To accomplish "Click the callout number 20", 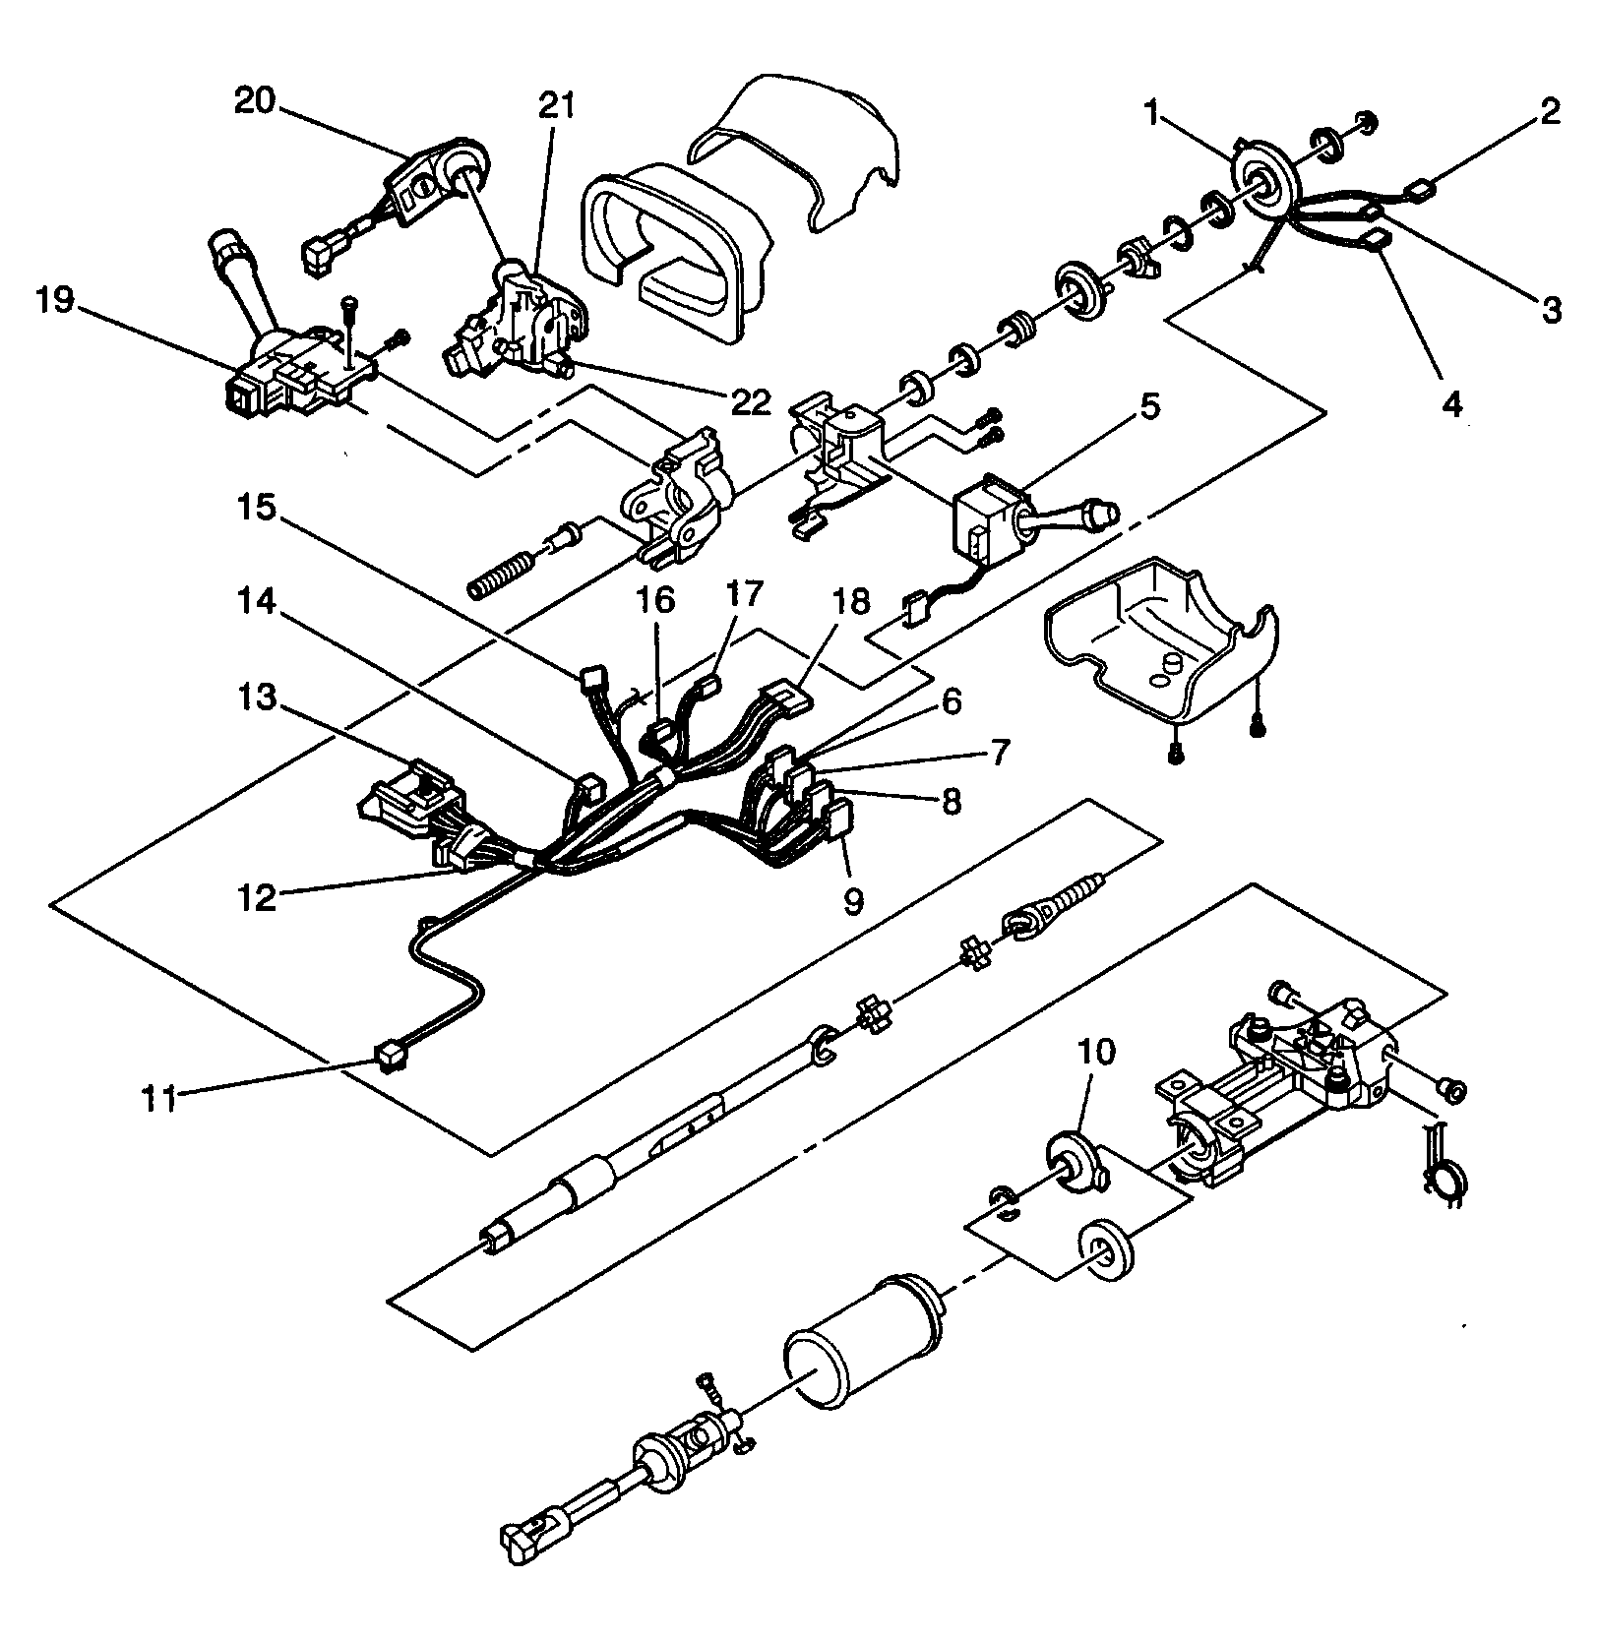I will (x=254, y=100).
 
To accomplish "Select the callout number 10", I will (x=1097, y=1052).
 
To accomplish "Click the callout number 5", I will (x=1149, y=405).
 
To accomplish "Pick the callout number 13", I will (x=257, y=699).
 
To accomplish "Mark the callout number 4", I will (x=1451, y=402).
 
